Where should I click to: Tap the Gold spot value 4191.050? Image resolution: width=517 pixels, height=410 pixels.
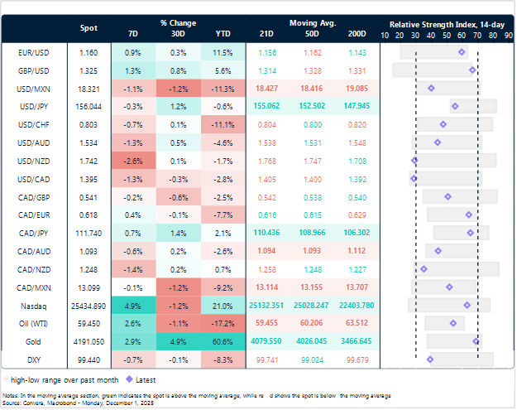[89, 341]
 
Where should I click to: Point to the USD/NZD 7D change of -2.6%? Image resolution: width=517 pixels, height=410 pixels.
[134, 160]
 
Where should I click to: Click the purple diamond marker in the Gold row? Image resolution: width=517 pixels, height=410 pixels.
[476, 340]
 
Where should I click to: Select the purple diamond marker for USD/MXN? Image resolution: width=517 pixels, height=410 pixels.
[431, 87]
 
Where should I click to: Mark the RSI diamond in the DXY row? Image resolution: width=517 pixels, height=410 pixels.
[430, 359]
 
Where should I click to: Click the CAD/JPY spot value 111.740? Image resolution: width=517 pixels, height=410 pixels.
[89, 233]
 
